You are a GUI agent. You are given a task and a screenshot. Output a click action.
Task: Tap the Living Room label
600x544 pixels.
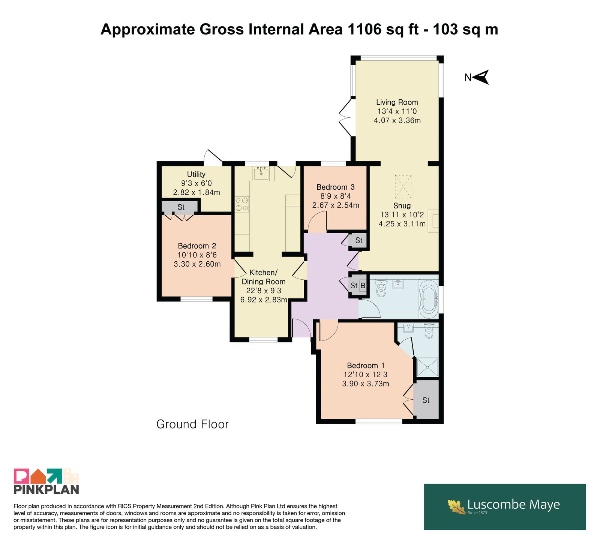coord(397,102)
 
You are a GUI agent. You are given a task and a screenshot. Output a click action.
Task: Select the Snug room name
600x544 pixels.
coord(402,205)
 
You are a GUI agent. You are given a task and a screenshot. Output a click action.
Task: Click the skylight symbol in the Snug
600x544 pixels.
coord(403,187)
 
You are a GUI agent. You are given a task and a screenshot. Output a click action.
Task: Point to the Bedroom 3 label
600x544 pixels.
coord(335,187)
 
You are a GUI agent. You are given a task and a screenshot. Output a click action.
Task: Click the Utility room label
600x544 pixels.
coord(196,174)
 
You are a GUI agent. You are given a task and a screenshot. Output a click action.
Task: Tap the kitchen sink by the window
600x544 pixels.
coord(261,173)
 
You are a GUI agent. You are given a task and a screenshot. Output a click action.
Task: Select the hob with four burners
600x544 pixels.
coord(242,204)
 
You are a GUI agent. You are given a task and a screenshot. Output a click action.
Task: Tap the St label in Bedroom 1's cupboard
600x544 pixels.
coord(426,400)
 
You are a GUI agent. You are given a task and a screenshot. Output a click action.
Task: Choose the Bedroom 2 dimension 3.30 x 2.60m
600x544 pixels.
coord(197,264)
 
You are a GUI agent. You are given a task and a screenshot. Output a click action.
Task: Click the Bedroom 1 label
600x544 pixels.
coord(366,365)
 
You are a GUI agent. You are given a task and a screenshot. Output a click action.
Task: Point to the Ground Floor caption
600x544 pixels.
coord(192,424)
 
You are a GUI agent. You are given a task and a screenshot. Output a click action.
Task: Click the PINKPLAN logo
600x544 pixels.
coord(46,481)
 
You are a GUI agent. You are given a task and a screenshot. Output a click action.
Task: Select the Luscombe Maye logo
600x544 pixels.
coord(505,507)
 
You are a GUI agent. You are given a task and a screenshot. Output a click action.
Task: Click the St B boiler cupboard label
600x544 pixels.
coord(358,286)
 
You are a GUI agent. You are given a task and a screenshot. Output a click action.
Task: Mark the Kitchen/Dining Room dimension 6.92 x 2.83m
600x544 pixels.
coord(264,300)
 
